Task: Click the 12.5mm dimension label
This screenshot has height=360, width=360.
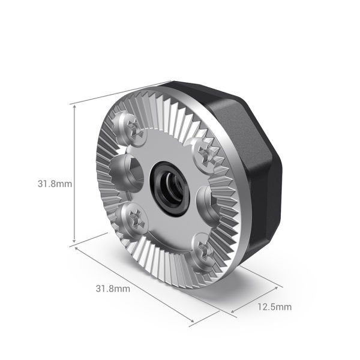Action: (x=274, y=307)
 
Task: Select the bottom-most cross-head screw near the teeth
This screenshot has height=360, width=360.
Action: (x=200, y=248)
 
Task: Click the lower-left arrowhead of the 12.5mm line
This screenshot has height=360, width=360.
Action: (x=235, y=311)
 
